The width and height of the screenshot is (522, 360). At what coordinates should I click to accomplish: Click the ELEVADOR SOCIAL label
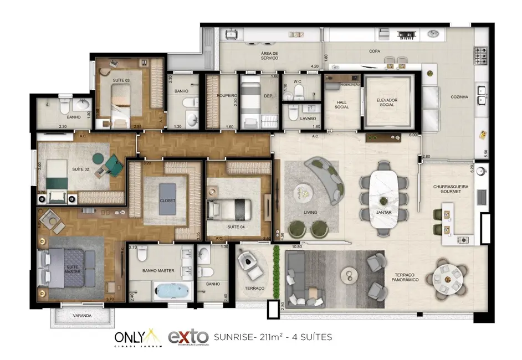tap(387, 102)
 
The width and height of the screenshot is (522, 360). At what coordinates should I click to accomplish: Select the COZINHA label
tap(459, 97)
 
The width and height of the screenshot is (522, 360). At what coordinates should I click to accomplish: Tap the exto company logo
tap(188, 336)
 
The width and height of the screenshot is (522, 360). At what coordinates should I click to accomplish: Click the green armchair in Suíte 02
tap(114, 164)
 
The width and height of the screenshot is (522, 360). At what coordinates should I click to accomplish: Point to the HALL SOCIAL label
tap(341, 105)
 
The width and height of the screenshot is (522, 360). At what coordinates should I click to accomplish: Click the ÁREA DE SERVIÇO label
tap(269, 56)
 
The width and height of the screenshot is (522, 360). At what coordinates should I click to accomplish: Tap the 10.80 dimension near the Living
tap(297, 246)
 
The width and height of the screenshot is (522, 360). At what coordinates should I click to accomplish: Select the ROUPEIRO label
tap(228, 95)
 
